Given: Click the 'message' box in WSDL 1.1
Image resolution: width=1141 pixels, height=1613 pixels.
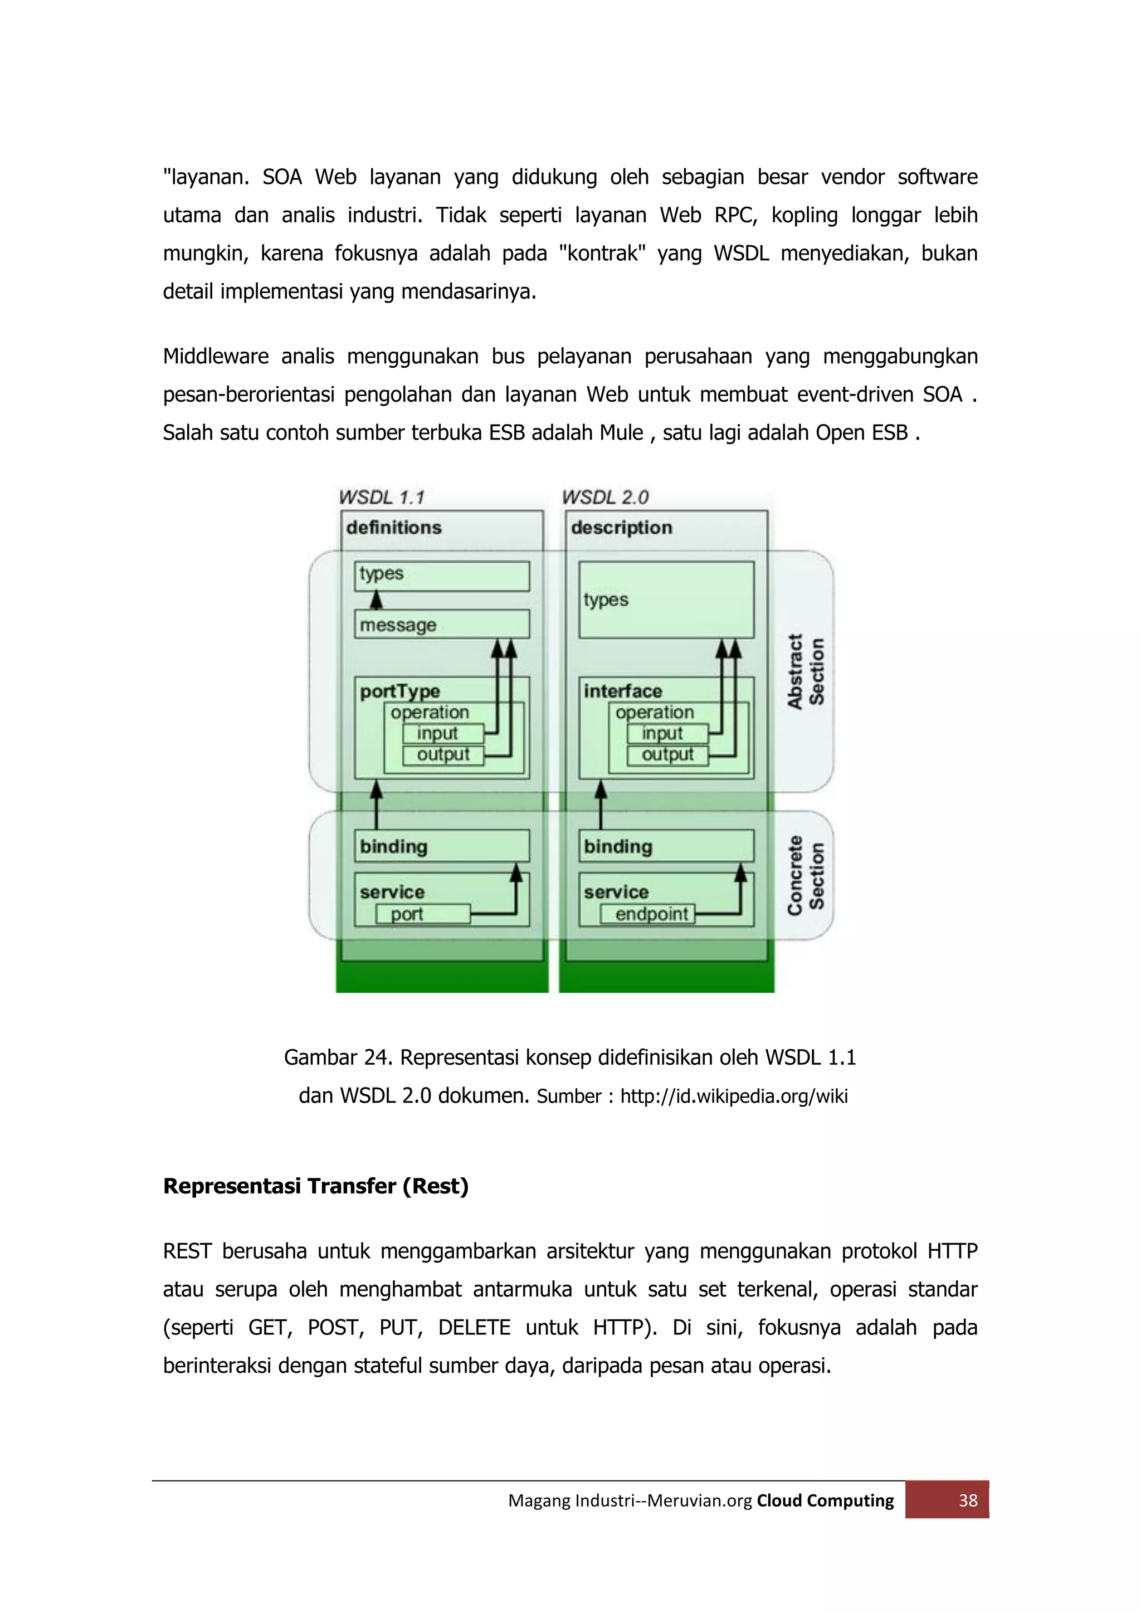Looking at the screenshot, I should [x=441, y=624].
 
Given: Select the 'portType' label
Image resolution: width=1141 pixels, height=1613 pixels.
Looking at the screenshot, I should [x=400, y=691].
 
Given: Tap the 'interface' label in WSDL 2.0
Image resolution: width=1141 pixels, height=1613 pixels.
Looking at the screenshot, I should [x=622, y=691].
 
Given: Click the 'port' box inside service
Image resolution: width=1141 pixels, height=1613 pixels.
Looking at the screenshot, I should [x=423, y=914].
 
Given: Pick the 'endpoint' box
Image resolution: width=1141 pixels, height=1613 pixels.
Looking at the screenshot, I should [x=647, y=914].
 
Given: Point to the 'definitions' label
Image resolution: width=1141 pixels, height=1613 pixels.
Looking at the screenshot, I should [x=393, y=528].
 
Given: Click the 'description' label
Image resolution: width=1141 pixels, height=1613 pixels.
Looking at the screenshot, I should [x=621, y=528].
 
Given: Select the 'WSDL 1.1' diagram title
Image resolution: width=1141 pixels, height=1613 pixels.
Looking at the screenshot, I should [x=382, y=498].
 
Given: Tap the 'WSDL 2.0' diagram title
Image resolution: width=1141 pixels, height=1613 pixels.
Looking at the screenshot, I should [x=605, y=498].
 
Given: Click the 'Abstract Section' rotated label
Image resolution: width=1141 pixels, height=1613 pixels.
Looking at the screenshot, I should [x=805, y=671].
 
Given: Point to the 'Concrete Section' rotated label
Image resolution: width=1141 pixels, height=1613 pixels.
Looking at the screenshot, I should [x=805, y=875].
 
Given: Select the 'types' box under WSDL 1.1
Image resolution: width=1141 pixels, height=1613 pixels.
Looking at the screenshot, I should [x=441, y=576].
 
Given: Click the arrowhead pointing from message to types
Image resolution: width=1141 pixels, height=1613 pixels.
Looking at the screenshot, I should [x=377, y=600].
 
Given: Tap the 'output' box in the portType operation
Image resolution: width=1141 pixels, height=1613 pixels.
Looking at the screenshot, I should [x=442, y=755].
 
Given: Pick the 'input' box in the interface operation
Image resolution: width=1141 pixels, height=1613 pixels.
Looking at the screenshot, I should [x=667, y=733].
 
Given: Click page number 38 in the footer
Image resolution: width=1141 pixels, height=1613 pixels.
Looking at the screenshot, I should [x=968, y=1500].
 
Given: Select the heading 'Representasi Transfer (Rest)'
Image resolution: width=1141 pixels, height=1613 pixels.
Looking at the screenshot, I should [x=315, y=1186].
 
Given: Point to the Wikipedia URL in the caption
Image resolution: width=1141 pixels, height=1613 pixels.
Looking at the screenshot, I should [x=734, y=1096].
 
